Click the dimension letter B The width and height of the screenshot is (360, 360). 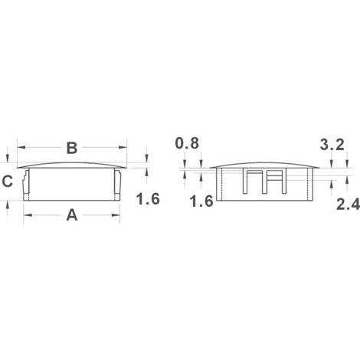(x=72, y=148)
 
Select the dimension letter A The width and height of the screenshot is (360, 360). (x=72, y=215)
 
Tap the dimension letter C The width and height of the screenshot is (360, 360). (x=8, y=182)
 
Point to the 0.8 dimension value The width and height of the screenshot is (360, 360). (x=187, y=143)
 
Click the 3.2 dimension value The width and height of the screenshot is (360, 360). (x=332, y=145)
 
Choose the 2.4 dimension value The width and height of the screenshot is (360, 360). (x=348, y=205)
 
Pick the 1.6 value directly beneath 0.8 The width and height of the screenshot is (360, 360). (x=201, y=201)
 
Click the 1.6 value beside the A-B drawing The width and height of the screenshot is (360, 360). (x=148, y=199)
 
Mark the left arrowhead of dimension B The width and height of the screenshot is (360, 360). (x=21, y=148)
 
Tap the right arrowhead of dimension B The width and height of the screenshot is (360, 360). (x=123, y=148)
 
